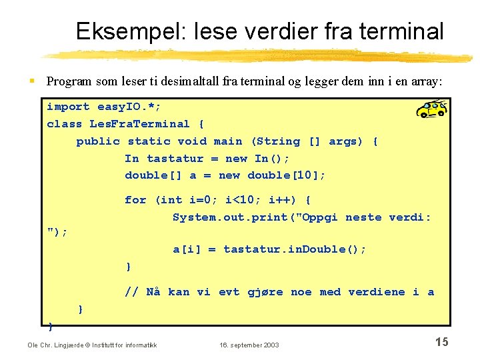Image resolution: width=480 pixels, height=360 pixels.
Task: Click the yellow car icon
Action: click(x=431, y=109)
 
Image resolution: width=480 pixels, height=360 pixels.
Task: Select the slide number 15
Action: click(x=441, y=342)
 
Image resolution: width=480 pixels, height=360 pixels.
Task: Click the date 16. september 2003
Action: click(x=249, y=345)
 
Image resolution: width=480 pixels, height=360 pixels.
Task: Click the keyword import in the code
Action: click(x=68, y=107)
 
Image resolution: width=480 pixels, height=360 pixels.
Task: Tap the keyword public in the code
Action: click(x=98, y=141)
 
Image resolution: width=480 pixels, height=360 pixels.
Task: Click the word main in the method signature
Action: click(x=228, y=141)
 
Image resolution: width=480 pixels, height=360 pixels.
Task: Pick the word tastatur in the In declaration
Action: click(x=175, y=159)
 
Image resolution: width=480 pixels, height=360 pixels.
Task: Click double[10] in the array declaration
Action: click(x=287, y=175)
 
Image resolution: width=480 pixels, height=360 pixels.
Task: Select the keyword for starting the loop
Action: click(x=135, y=200)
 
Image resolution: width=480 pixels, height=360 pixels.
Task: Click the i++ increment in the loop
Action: click(x=279, y=200)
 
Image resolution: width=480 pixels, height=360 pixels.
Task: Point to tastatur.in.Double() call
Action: click(x=295, y=249)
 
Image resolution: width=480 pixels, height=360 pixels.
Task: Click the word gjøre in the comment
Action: click(x=265, y=292)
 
